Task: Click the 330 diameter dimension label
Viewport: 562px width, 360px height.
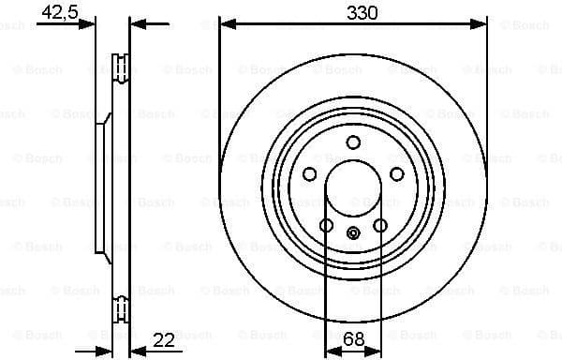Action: tap(353, 13)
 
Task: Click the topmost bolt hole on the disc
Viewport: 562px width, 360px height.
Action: tap(353, 142)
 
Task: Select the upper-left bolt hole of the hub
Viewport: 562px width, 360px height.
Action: tap(310, 174)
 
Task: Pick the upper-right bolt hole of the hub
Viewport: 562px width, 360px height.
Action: tap(396, 174)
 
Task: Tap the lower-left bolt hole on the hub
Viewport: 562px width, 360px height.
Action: tap(326, 225)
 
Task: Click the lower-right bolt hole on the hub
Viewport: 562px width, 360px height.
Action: tap(380, 225)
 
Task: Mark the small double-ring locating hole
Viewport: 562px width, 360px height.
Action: tap(353, 234)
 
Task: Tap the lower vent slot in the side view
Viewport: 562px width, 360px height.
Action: tap(120, 306)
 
